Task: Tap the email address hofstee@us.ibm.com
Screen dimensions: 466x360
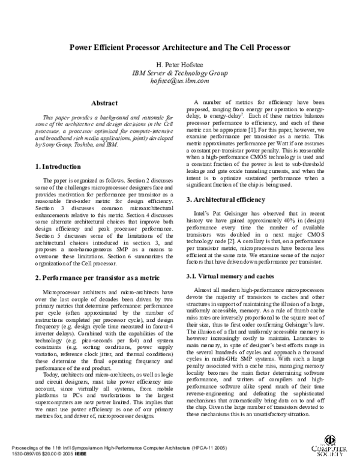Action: point(179,80)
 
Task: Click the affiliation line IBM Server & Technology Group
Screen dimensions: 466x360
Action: point(179,73)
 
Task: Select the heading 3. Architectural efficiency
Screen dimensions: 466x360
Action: point(226,199)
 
